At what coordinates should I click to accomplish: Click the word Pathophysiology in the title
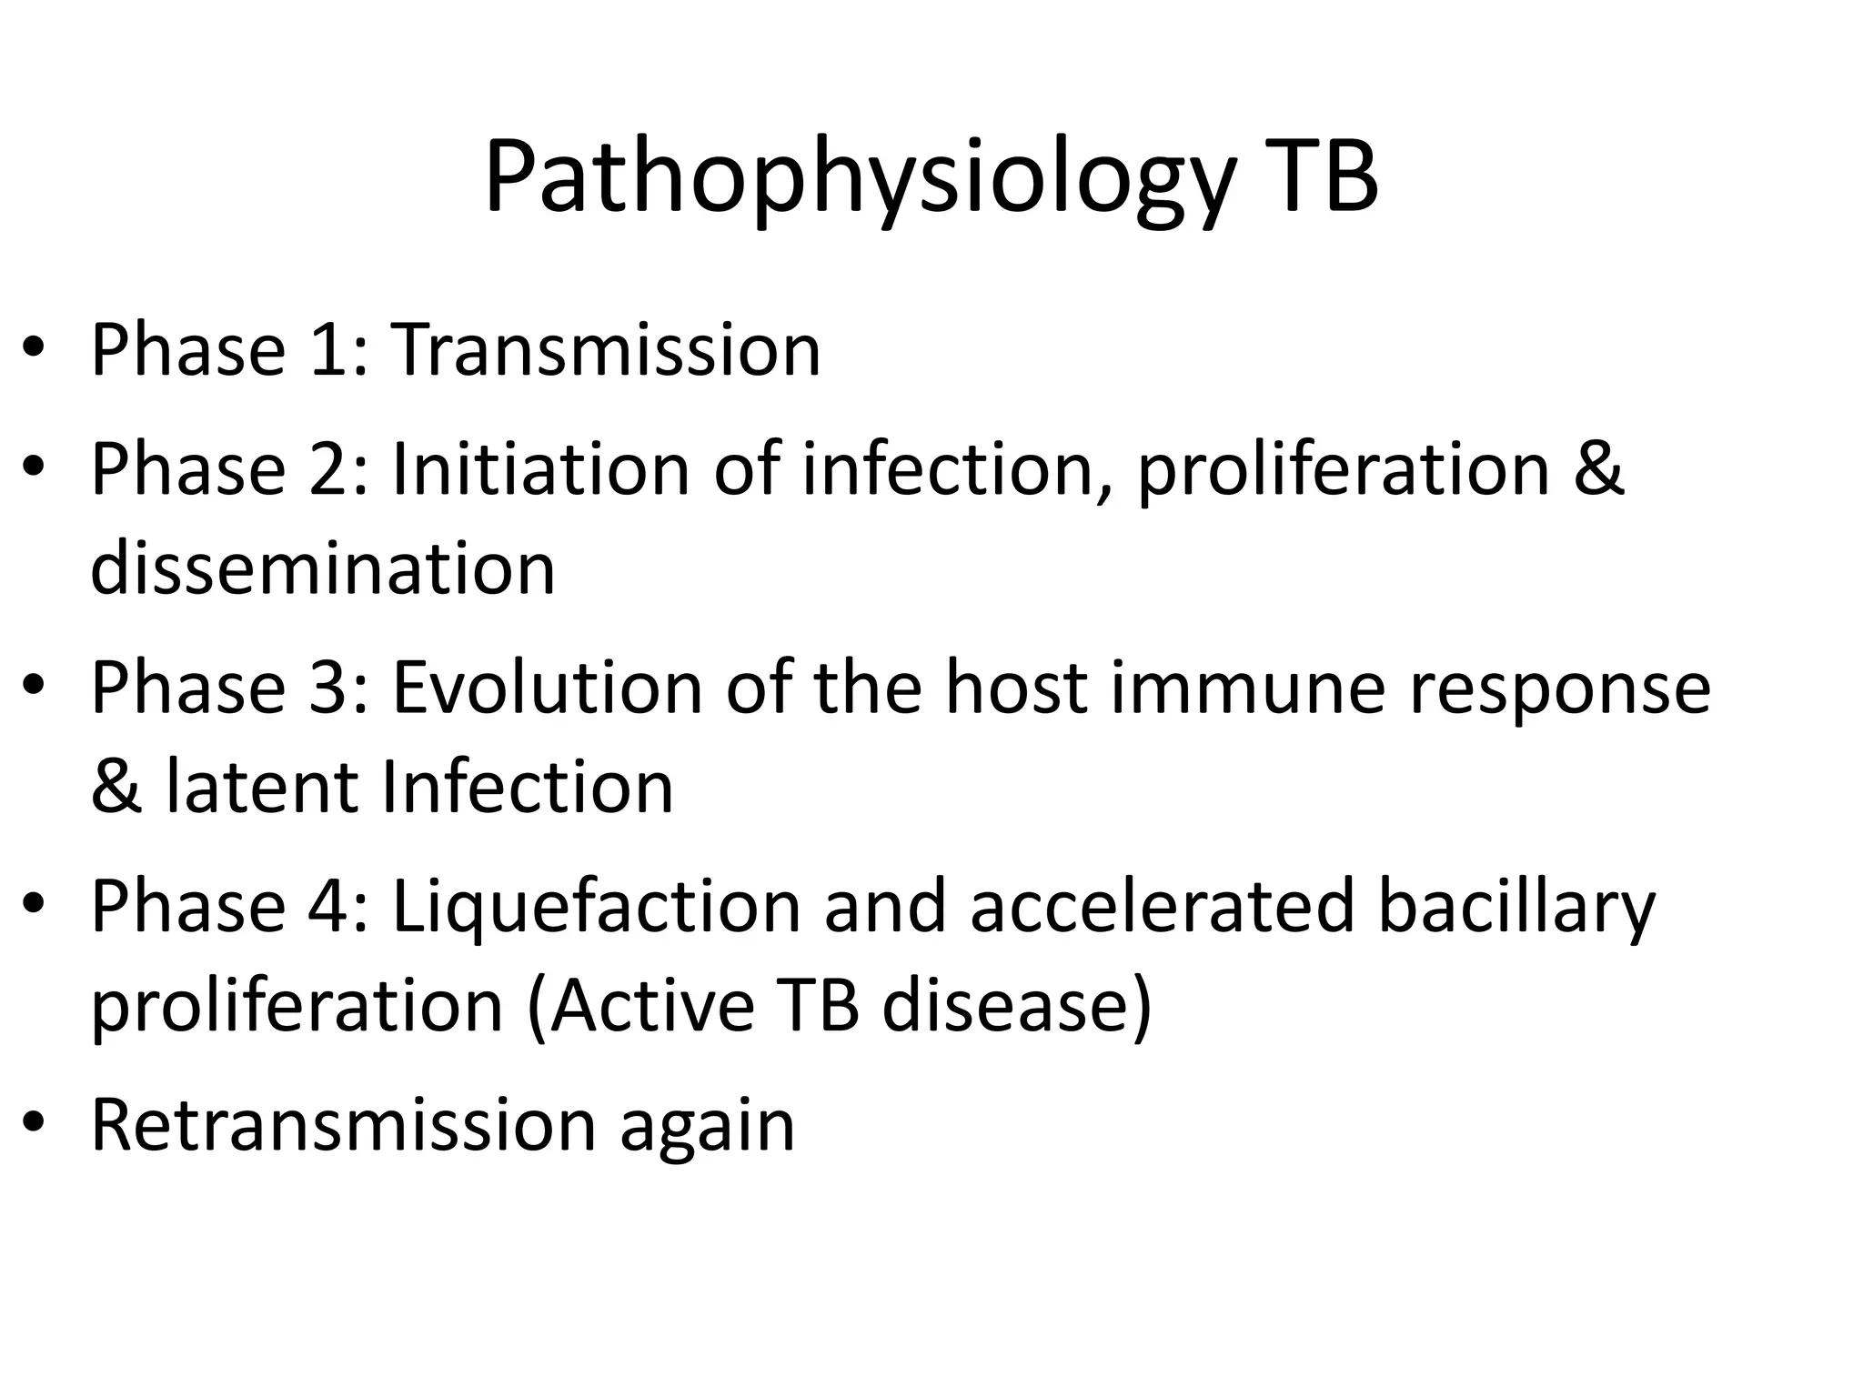(860, 179)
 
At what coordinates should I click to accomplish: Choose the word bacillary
(1516, 907)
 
